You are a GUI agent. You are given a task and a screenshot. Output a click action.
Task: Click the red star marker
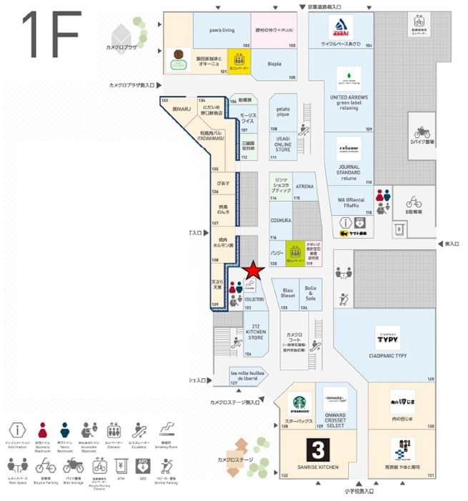(x=252, y=271)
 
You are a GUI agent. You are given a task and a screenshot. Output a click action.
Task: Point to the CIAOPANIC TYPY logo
(x=387, y=337)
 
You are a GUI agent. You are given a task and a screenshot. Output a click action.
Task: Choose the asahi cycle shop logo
(x=341, y=29)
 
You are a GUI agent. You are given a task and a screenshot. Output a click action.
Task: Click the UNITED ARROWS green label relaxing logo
(x=349, y=78)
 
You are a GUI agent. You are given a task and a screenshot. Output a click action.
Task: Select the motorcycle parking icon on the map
(x=422, y=132)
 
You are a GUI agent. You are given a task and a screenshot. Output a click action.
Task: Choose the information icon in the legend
(x=16, y=430)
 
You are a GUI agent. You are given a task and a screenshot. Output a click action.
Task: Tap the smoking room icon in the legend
(x=165, y=430)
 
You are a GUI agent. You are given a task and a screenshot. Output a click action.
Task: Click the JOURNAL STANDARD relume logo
(x=349, y=148)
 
